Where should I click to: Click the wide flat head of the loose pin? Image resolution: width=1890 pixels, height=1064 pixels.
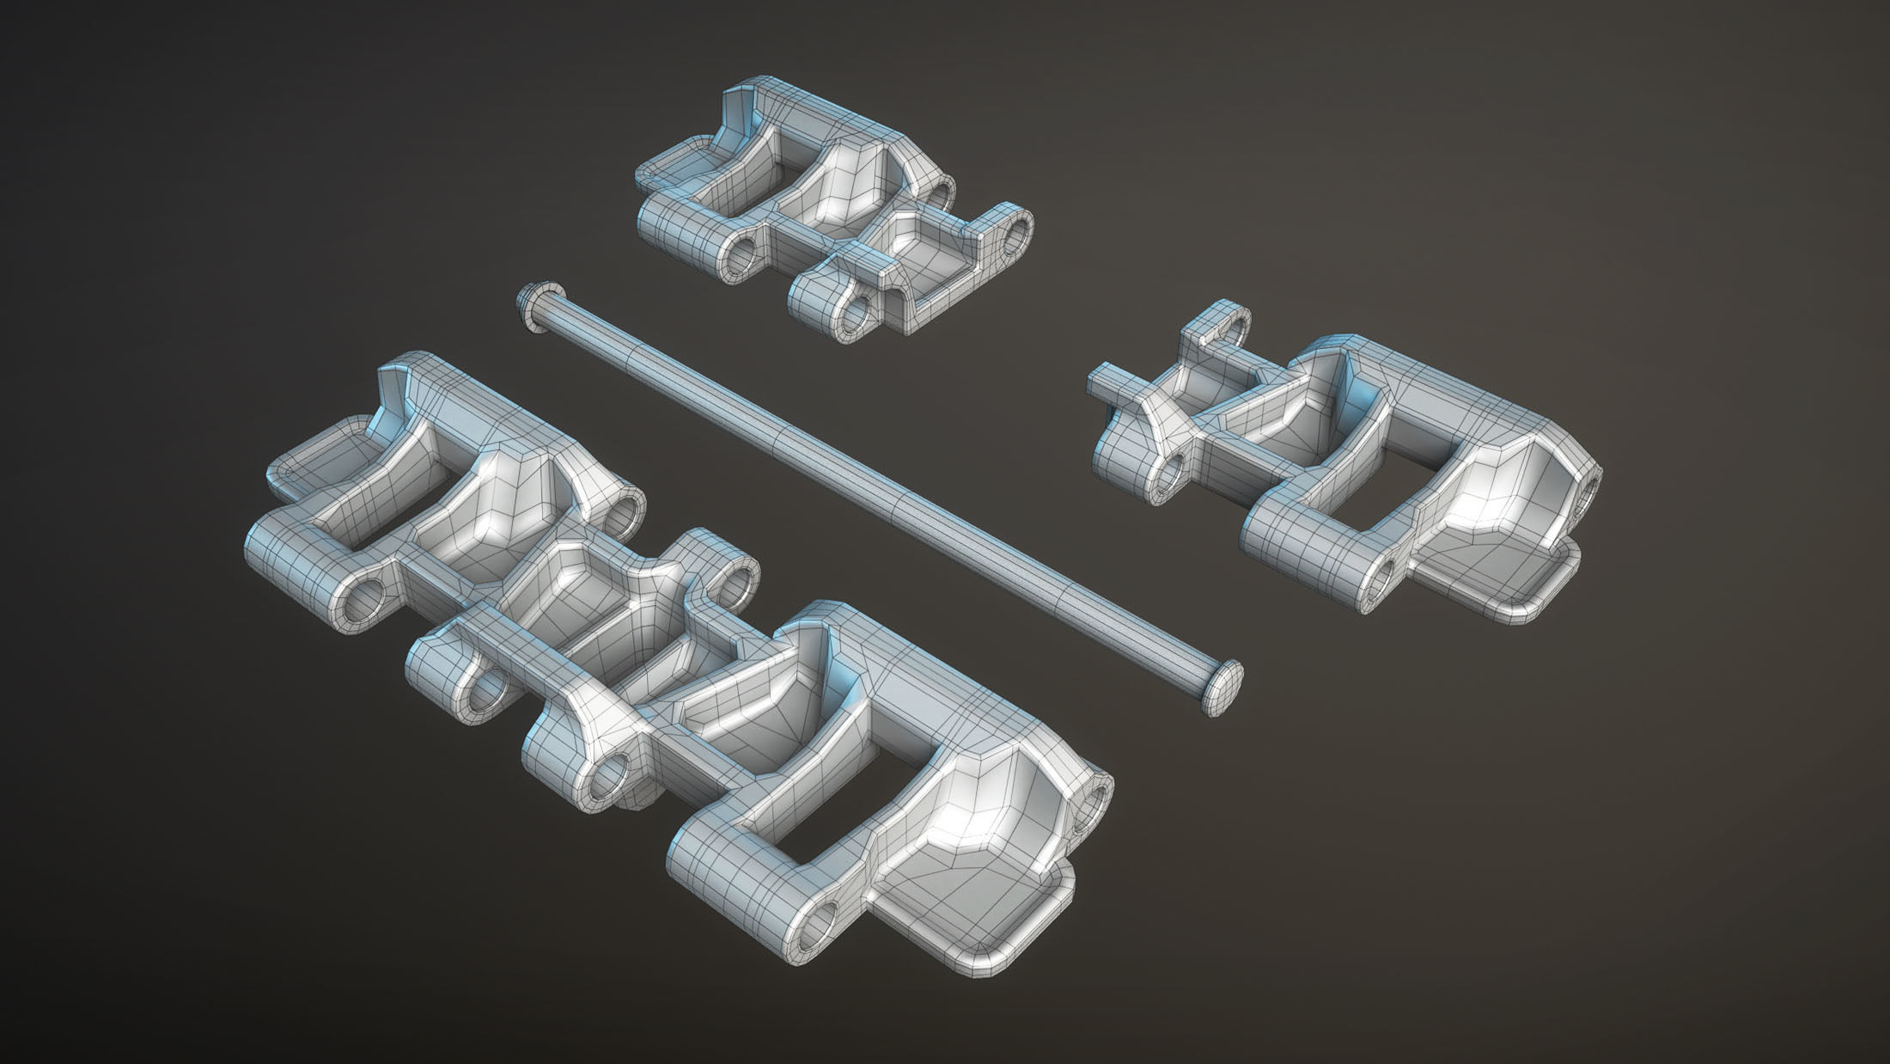click(x=1224, y=675)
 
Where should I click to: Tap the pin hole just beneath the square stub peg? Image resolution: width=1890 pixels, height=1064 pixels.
click(x=1170, y=473)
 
